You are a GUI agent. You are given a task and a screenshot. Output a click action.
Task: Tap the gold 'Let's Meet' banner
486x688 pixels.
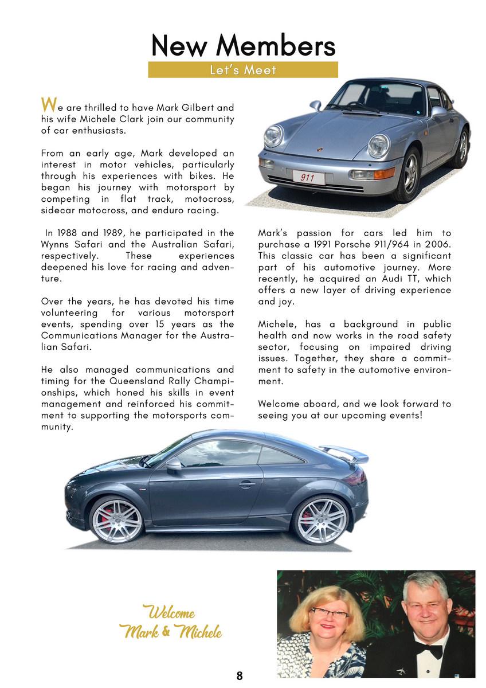243,70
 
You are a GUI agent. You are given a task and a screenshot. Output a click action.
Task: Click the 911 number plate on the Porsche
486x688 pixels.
308,178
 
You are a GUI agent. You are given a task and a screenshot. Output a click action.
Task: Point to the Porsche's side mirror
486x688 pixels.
316,105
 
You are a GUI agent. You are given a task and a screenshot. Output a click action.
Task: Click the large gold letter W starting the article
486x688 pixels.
49,105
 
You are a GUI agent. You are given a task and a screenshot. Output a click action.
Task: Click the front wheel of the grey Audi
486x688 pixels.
116,520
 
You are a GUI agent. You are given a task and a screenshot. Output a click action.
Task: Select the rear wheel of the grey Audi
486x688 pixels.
320,520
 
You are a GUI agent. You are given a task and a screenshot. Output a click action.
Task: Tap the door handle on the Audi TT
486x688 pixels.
247,484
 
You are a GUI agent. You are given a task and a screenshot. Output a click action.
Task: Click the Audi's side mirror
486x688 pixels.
174,465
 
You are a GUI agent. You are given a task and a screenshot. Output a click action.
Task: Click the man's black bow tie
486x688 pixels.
431,650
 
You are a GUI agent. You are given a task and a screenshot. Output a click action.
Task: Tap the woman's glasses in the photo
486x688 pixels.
329,613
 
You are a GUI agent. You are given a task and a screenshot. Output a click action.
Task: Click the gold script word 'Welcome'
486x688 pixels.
168,613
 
